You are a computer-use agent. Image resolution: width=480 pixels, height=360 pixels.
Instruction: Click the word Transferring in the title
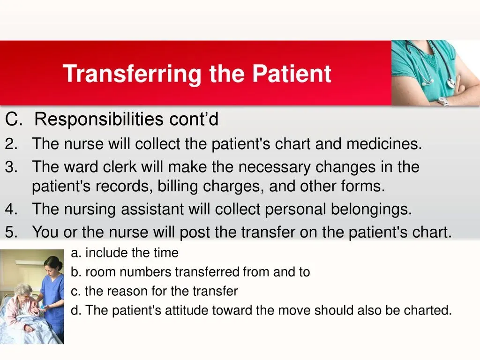pos(132,74)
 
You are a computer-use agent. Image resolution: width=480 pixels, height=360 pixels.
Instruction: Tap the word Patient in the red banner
pos(292,74)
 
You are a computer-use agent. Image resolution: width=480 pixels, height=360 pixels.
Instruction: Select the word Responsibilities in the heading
pos(98,119)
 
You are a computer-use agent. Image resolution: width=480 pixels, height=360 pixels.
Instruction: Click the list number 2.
pos(11,143)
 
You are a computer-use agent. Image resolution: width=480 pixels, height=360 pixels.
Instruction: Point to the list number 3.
pos(11,167)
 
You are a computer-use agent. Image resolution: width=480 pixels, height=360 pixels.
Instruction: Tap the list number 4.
pos(11,209)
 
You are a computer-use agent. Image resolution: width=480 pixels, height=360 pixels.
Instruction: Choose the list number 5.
pos(11,232)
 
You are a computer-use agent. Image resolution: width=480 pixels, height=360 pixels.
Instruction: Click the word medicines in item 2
pos(384,143)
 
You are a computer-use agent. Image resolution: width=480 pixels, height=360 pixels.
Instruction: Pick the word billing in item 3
pos(178,186)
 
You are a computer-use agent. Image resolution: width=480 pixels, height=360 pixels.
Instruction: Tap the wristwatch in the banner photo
pos(442,101)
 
